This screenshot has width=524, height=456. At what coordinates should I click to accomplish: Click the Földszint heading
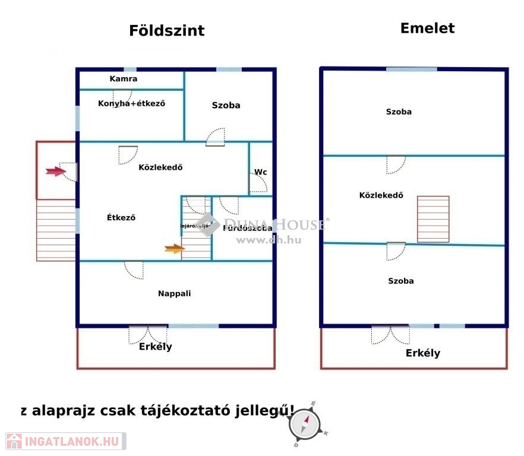166,31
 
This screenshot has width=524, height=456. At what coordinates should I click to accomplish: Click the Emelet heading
427,28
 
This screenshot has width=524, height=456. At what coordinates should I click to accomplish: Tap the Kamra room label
124,78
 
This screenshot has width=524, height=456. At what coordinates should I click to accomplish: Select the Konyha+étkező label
131,103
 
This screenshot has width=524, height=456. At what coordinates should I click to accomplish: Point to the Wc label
260,172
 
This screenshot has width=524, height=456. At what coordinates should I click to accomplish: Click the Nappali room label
174,293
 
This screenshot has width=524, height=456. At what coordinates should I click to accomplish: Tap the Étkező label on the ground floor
121,217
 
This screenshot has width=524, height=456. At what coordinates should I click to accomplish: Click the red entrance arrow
55,172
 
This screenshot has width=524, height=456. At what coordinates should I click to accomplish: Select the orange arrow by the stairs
174,249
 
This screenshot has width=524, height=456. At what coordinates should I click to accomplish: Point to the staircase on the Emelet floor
433,219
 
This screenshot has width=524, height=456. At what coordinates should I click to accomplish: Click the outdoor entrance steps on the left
56,230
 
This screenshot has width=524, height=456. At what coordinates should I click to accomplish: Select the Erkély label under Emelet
423,353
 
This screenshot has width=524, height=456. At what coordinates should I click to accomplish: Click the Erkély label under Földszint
155,347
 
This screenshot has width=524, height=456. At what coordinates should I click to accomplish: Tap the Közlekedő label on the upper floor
381,195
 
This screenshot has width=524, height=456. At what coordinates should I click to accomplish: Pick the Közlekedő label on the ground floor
160,167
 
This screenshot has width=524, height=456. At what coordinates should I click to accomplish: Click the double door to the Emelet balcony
390,335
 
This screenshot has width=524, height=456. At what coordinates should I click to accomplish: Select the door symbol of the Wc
258,183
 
